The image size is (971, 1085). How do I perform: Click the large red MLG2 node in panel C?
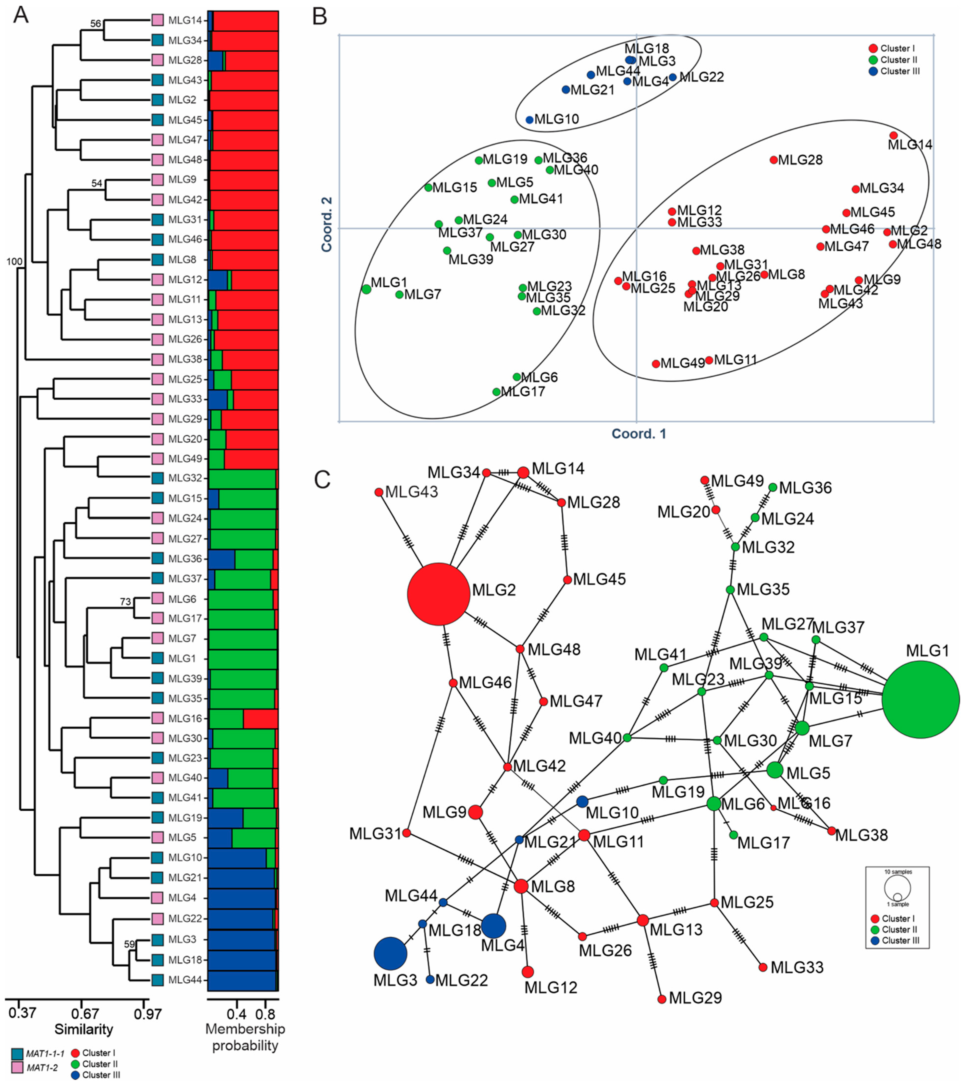click(x=438, y=594)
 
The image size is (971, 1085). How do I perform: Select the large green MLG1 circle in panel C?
click(x=920, y=699)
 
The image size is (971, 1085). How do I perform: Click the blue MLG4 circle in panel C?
click(x=493, y=926)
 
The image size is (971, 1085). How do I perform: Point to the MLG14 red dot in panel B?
click(x=894, y=135)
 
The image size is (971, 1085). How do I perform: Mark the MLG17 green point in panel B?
click(x=497, y=391)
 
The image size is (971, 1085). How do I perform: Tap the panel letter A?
click(x=21, y=15)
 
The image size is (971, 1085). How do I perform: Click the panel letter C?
click(x=322, y=480)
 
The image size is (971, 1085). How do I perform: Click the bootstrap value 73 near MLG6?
click(x=125, y=602)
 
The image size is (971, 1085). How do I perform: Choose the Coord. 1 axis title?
click(x=639, y=434)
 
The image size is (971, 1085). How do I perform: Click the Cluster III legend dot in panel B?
click(x=873, y=71)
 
